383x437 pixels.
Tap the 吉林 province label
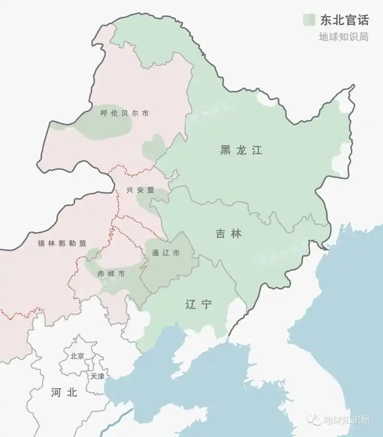228,234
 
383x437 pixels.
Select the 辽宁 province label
198,304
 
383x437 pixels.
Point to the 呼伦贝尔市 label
124,113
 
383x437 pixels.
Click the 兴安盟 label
140,190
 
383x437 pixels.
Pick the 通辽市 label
165,253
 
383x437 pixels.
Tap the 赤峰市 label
111,274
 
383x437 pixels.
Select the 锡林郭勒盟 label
62,243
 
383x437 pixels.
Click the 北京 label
77,356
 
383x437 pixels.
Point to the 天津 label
97,376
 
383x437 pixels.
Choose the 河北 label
64,393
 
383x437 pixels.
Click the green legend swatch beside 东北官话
309,20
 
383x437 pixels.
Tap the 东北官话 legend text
344,20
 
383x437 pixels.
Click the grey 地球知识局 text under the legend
344,37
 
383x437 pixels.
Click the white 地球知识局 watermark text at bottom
347,420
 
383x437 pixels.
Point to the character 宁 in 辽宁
206,304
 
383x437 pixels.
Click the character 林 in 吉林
236,234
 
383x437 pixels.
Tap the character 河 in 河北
56,393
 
